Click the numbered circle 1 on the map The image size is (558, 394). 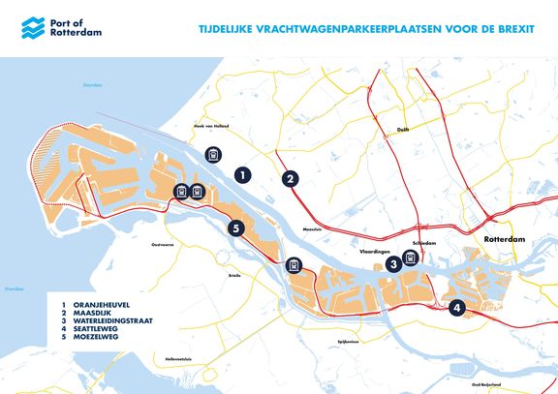click(243, 174)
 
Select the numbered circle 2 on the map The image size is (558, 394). click(289, 177)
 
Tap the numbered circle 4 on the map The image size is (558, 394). click(457, 309)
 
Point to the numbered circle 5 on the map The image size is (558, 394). click(235, 228)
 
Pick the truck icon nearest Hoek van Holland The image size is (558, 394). click(213, 155)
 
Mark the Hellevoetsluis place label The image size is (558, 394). click(178, 359)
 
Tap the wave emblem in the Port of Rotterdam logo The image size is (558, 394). click(30, 30)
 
